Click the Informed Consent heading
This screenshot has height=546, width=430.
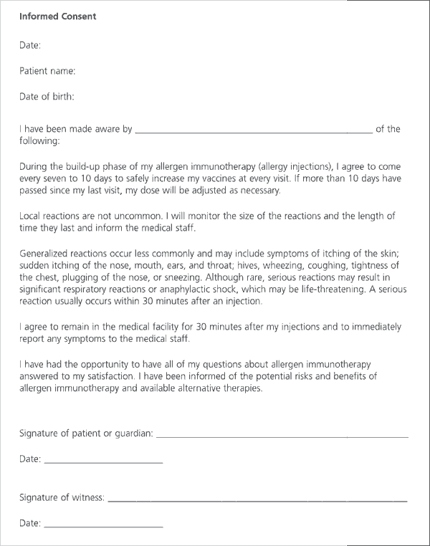(x=57, y=16)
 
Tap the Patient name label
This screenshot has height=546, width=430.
(x=47, y=70)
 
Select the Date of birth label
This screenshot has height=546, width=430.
(x=47, y=97)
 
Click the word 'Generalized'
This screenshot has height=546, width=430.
(x=47, y=253)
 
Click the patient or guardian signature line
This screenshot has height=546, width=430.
(x=282, y=434)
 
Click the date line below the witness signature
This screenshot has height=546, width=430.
(x=104, y=525)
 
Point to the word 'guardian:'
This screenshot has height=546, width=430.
(x=131, y=434)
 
